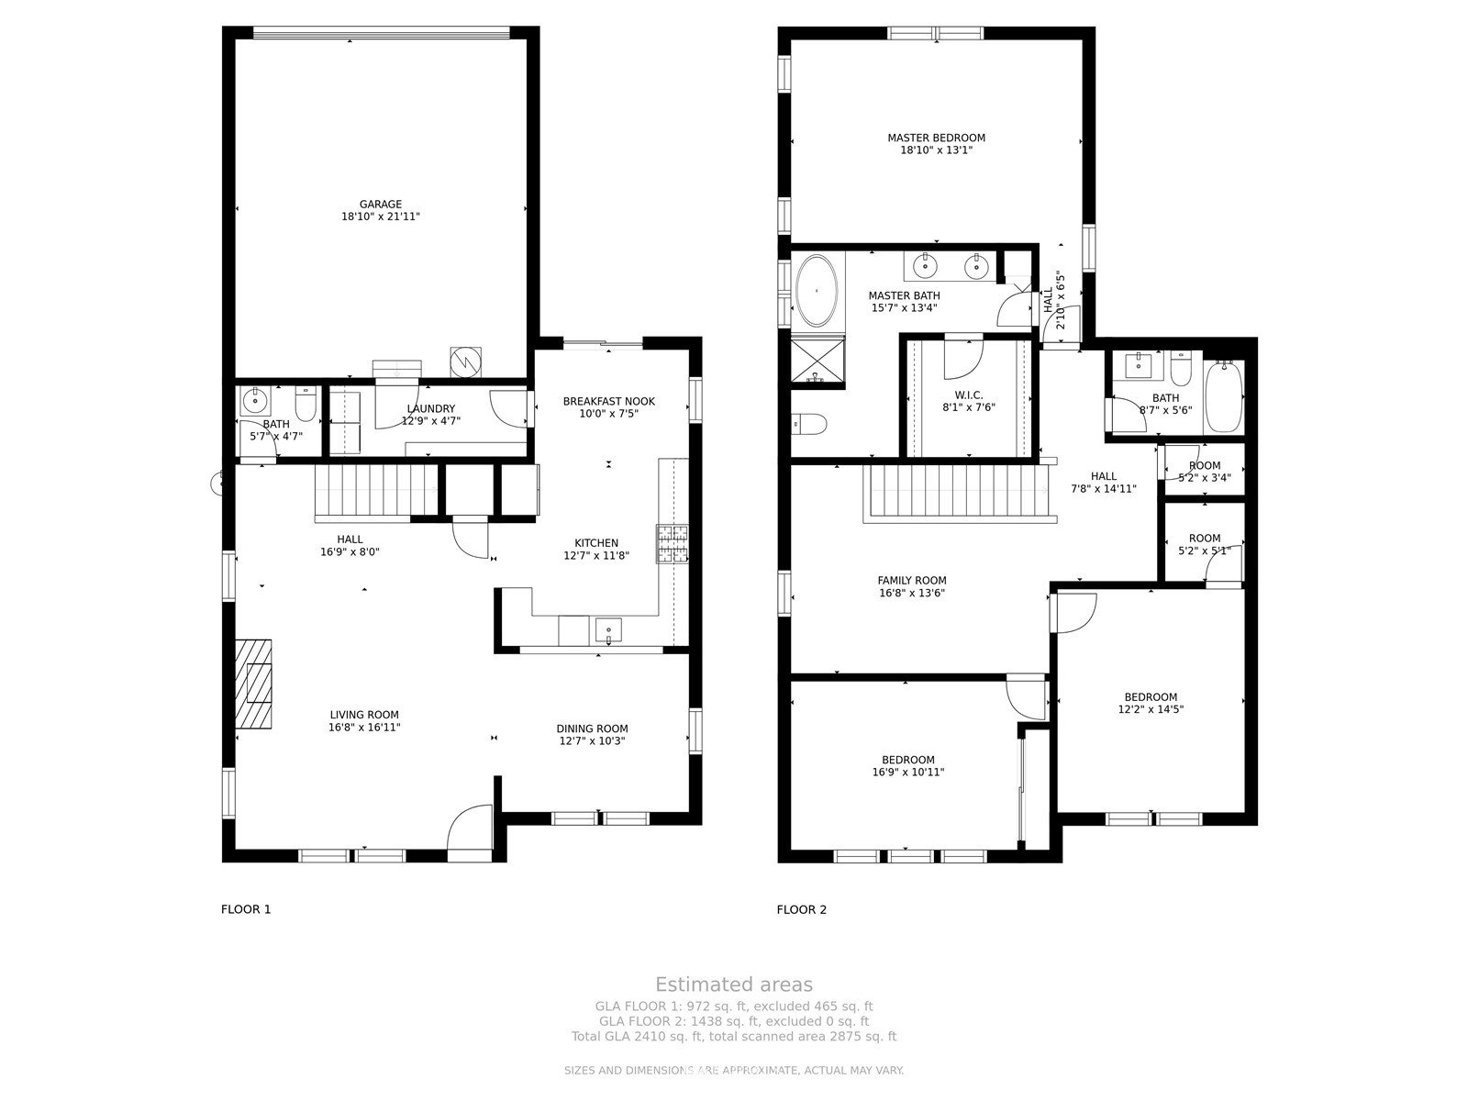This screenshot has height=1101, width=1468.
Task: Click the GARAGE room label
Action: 381,205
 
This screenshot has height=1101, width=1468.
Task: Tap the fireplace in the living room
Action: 253,684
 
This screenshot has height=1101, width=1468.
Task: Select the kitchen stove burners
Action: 673,544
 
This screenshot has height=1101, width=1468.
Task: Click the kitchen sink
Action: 608,630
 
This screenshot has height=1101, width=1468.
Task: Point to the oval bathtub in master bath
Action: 816,291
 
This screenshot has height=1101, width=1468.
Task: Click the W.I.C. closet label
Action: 968,395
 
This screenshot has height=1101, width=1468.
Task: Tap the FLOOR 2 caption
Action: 801,909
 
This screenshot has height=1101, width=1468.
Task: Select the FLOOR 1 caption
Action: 246,909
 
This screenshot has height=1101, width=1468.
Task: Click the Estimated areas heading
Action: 734,984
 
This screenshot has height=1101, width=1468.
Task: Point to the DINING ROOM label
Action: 592,728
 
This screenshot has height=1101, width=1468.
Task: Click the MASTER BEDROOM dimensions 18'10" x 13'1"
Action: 937,150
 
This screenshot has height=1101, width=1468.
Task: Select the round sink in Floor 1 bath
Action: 255,401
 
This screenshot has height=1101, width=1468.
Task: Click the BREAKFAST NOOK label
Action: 608,401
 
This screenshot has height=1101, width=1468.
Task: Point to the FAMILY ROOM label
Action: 912,580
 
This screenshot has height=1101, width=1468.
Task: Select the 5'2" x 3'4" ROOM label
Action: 1205,472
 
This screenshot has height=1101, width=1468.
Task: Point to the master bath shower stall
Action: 817,361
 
